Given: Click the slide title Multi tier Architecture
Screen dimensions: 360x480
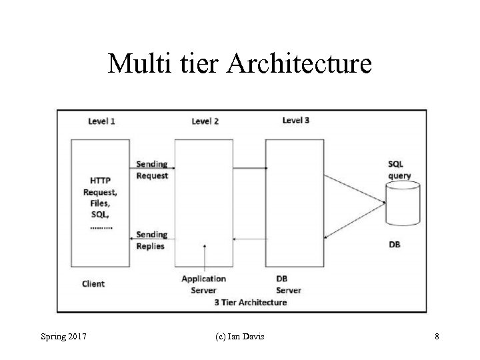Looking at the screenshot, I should coord(240,64).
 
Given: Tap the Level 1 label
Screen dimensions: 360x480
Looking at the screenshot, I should coord(101,121).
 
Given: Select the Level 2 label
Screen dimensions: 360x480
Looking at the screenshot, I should coord(205,121).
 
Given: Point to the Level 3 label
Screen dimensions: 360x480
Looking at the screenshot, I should coord(295,120).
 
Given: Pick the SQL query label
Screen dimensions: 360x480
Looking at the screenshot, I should coord(399,170).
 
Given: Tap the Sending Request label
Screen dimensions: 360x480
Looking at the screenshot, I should coord(151,170).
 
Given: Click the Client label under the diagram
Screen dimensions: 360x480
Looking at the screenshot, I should coord(93,283).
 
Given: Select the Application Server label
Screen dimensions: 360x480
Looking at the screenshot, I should coord(203,284).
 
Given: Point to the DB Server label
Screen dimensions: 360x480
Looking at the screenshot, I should coord(288,284).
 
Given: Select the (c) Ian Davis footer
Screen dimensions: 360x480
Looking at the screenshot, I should coord(240,337).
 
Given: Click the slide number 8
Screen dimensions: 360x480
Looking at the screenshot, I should coord(437,337).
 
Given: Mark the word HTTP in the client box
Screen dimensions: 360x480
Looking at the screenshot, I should coord(101,181).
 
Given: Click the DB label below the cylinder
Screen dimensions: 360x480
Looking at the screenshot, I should coord(395,245).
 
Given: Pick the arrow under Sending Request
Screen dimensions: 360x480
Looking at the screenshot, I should coord(151,164).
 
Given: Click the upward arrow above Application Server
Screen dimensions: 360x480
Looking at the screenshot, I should coord(205,257).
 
